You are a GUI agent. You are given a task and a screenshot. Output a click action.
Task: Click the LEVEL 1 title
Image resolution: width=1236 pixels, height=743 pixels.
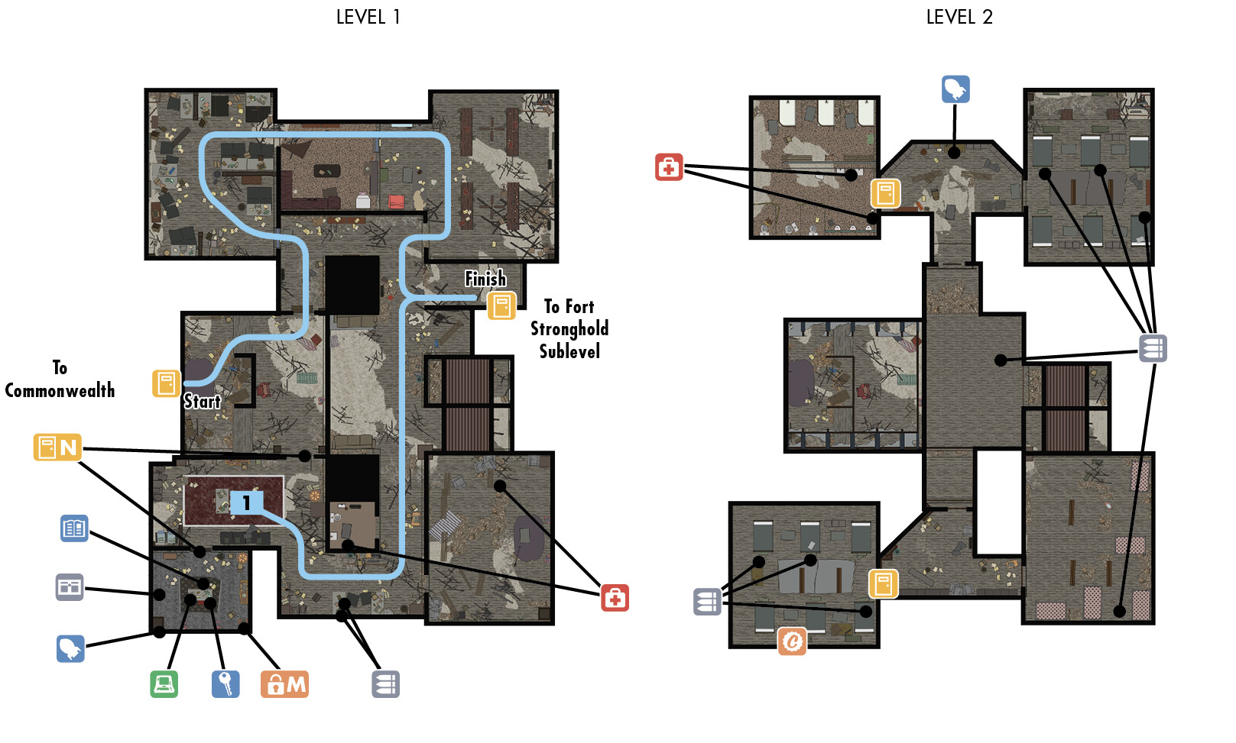coord(368,17)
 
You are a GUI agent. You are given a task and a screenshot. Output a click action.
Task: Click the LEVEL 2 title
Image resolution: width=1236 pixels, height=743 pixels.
coord(959,17)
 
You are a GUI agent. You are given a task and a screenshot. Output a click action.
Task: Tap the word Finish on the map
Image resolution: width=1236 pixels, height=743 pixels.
coord(485,279)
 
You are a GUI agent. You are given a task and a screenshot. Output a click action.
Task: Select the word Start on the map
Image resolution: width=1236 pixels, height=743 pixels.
coord(202,401)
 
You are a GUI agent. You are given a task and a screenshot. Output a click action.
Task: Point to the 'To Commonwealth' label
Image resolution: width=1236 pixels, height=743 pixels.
coord(60,380)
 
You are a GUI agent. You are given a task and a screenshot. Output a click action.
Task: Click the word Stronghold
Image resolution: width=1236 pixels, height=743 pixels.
coord(569,329)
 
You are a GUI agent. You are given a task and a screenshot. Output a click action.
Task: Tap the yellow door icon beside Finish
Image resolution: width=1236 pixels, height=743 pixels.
coord(501,306)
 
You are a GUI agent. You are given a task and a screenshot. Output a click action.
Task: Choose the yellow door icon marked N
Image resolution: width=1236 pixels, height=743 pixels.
coord(58,447)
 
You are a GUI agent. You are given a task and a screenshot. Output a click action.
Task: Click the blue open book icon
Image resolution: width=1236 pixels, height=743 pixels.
coord(74,528)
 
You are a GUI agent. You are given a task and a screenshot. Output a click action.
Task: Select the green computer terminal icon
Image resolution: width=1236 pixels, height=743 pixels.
coord(164,684)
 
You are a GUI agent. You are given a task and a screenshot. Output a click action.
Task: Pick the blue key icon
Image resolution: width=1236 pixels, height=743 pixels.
coord(225,684)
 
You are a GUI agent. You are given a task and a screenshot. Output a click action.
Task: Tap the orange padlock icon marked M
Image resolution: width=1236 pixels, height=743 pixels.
coord(284,684)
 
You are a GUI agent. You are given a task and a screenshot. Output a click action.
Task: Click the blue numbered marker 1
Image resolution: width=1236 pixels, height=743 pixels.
coord(246,502)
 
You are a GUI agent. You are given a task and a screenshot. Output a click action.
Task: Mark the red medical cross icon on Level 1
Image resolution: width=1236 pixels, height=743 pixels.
coord(615,597)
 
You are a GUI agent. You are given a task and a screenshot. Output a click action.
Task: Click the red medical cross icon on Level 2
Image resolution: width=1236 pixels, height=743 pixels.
coord(669,167)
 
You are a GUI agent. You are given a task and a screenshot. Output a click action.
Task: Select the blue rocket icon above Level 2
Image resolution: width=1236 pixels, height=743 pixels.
coord(955,89)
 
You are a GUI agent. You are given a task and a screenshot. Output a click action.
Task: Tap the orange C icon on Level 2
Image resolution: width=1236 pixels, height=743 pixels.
coord(793,641)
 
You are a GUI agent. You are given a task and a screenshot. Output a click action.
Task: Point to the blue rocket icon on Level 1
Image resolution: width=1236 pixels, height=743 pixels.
coord(70,649)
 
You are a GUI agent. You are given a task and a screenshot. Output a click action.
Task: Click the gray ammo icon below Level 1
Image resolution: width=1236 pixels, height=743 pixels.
coord(385,684)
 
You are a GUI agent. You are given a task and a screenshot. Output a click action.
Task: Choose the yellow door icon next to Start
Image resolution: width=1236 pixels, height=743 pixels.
coord(166,383)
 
